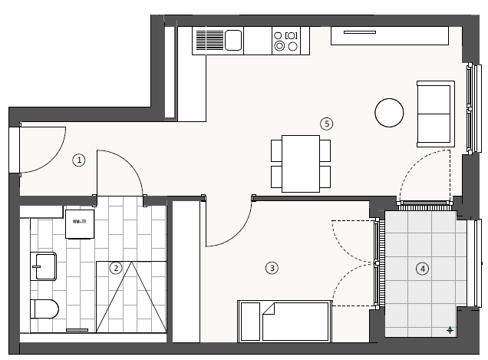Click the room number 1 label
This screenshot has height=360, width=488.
(79, 160)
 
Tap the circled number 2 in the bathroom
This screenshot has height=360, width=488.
(115, 268)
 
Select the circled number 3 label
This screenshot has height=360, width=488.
(272, 268)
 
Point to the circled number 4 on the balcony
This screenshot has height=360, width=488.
(422, 268)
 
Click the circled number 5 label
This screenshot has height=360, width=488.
(327, 123)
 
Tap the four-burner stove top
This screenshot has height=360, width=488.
(285, 40)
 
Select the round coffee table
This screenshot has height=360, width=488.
(389, 113)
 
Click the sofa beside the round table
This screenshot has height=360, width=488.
(434, 113)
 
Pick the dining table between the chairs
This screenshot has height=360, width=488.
(300, 163)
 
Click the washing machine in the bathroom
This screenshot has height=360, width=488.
(80, 223)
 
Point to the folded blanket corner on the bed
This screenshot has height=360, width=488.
(269, 312)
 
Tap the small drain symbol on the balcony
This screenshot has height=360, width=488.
(450, 330)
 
